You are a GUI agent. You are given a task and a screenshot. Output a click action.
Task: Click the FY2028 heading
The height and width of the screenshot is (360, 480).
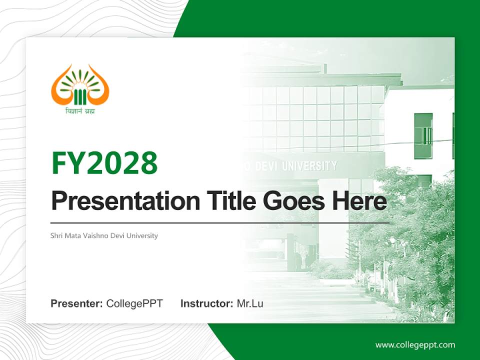point(104,163)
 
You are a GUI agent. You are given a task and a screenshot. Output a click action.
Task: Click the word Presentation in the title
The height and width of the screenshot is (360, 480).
point(125,201)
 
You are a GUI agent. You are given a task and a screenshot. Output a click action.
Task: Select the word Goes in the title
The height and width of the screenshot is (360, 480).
point(293,201)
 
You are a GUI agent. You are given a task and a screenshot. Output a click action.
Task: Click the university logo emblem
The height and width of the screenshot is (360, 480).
point(80,85)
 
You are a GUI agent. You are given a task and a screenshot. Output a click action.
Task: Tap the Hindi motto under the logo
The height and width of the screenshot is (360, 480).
point(80,110)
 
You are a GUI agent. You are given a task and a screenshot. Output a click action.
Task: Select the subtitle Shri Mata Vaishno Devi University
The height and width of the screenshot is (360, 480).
point(104,235)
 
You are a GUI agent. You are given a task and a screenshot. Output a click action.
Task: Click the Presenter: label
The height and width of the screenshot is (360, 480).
point(76,303)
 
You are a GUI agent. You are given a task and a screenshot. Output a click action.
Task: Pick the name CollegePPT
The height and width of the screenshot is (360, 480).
point(134,303)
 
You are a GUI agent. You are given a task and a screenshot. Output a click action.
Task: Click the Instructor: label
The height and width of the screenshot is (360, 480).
point(207,303)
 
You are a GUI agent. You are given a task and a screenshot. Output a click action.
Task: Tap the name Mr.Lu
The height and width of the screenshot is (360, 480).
point(250,303)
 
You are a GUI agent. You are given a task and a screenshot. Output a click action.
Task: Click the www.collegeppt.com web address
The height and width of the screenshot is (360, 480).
point(415,345)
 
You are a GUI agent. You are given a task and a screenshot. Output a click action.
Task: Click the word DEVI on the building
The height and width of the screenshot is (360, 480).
point(266,167)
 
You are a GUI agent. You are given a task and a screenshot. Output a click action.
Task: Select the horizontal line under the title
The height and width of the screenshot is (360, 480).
point(220,223)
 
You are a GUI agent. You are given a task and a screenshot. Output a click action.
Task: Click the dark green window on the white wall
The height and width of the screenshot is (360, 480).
point(423,136)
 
